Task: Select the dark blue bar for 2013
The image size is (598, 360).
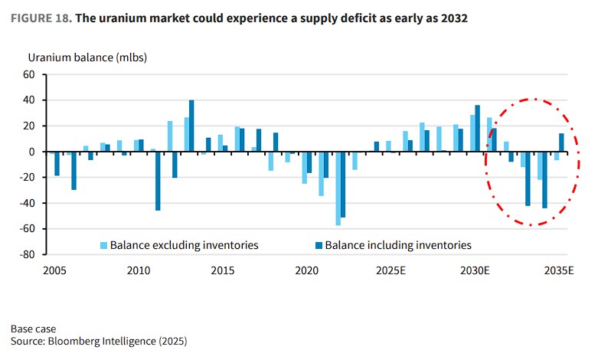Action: pyautogui.click(x=191, y=126)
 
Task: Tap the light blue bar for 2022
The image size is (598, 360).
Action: pyautogui.click(x=338, y=188)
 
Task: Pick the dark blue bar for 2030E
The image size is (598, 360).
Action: pyautogui.click(x=477, y=128)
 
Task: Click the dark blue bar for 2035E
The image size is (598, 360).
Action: pyautogui.click(x=561, y=142)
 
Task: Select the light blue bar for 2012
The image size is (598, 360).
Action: pyautogui.click(x=169, y=136)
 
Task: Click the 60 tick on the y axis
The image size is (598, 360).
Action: pyautogui.click(x=30, y=74)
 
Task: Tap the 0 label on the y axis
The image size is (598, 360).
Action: pyautogui.click(x=33, y=152)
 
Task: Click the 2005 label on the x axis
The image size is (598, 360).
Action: pyautogui.click(x=54, y=271)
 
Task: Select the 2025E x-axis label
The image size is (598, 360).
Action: pyautogui.click(x=390, y=271)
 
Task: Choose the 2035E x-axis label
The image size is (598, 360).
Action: pyautogui.click(x=559, y=271)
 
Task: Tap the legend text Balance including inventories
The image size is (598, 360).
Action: pyautogui.click(x=398, y=245)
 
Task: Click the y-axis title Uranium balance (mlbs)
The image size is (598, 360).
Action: pyautogui.click(x=87, y=57)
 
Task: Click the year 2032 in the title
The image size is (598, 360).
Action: pyautogui.click(x=451, y=18)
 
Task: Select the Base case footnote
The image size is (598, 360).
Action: pyautogui.click(x=33, y=329)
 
